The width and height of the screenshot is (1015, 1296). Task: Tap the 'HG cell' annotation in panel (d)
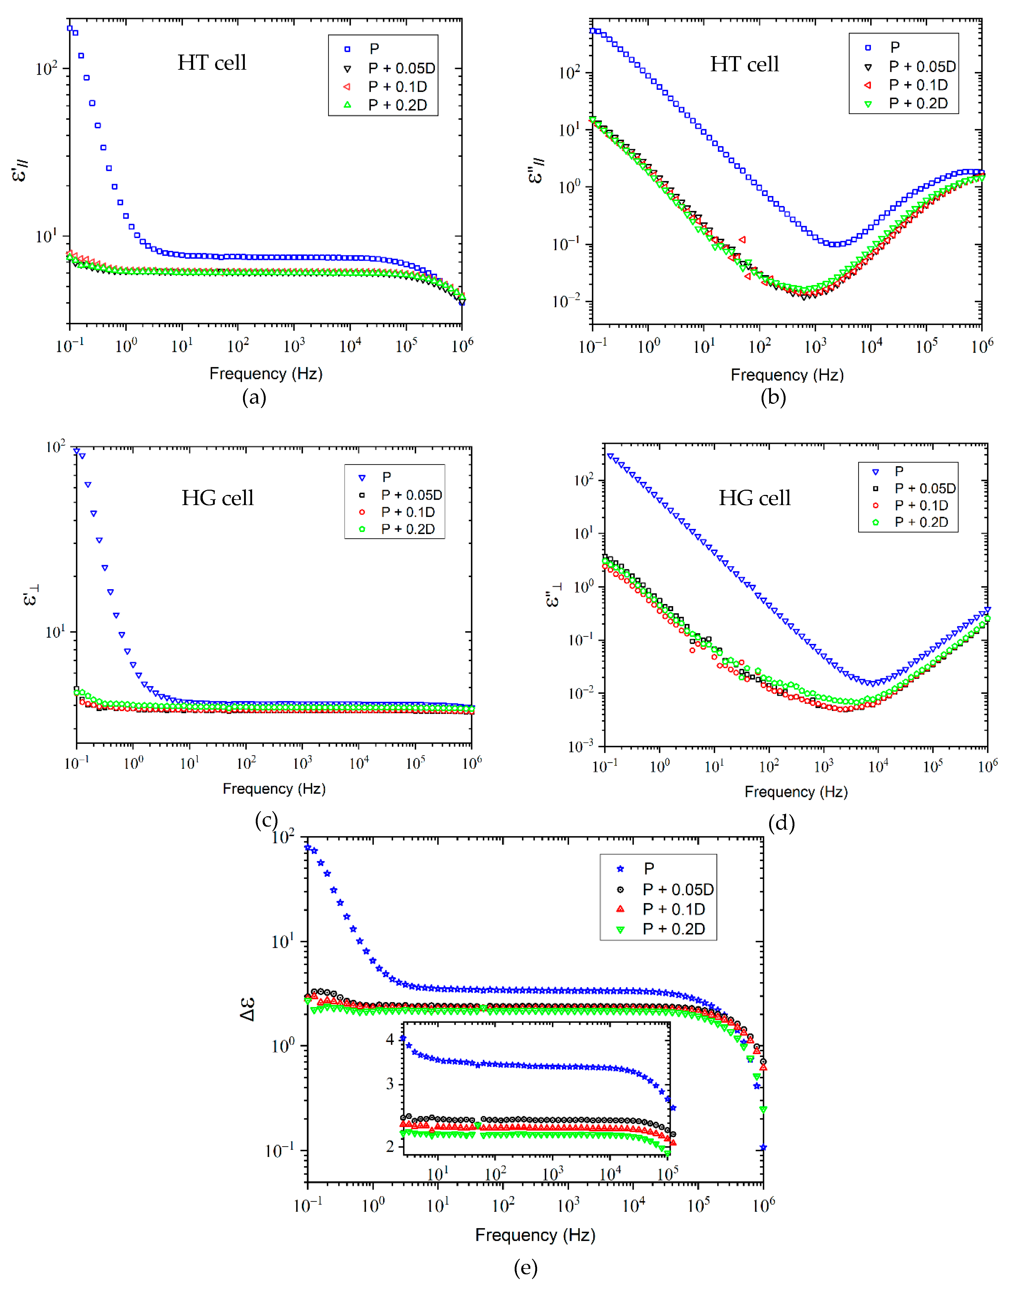pos(755,498)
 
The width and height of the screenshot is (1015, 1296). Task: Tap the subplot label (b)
pos(773,397)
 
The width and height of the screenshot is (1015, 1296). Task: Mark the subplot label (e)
pos(525,1268)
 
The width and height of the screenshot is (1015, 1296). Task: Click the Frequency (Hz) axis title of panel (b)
pos(787,375)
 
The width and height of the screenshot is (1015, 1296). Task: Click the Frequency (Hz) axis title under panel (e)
pos(535,1235)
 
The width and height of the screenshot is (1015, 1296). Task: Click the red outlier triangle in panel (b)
pos(742,240)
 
